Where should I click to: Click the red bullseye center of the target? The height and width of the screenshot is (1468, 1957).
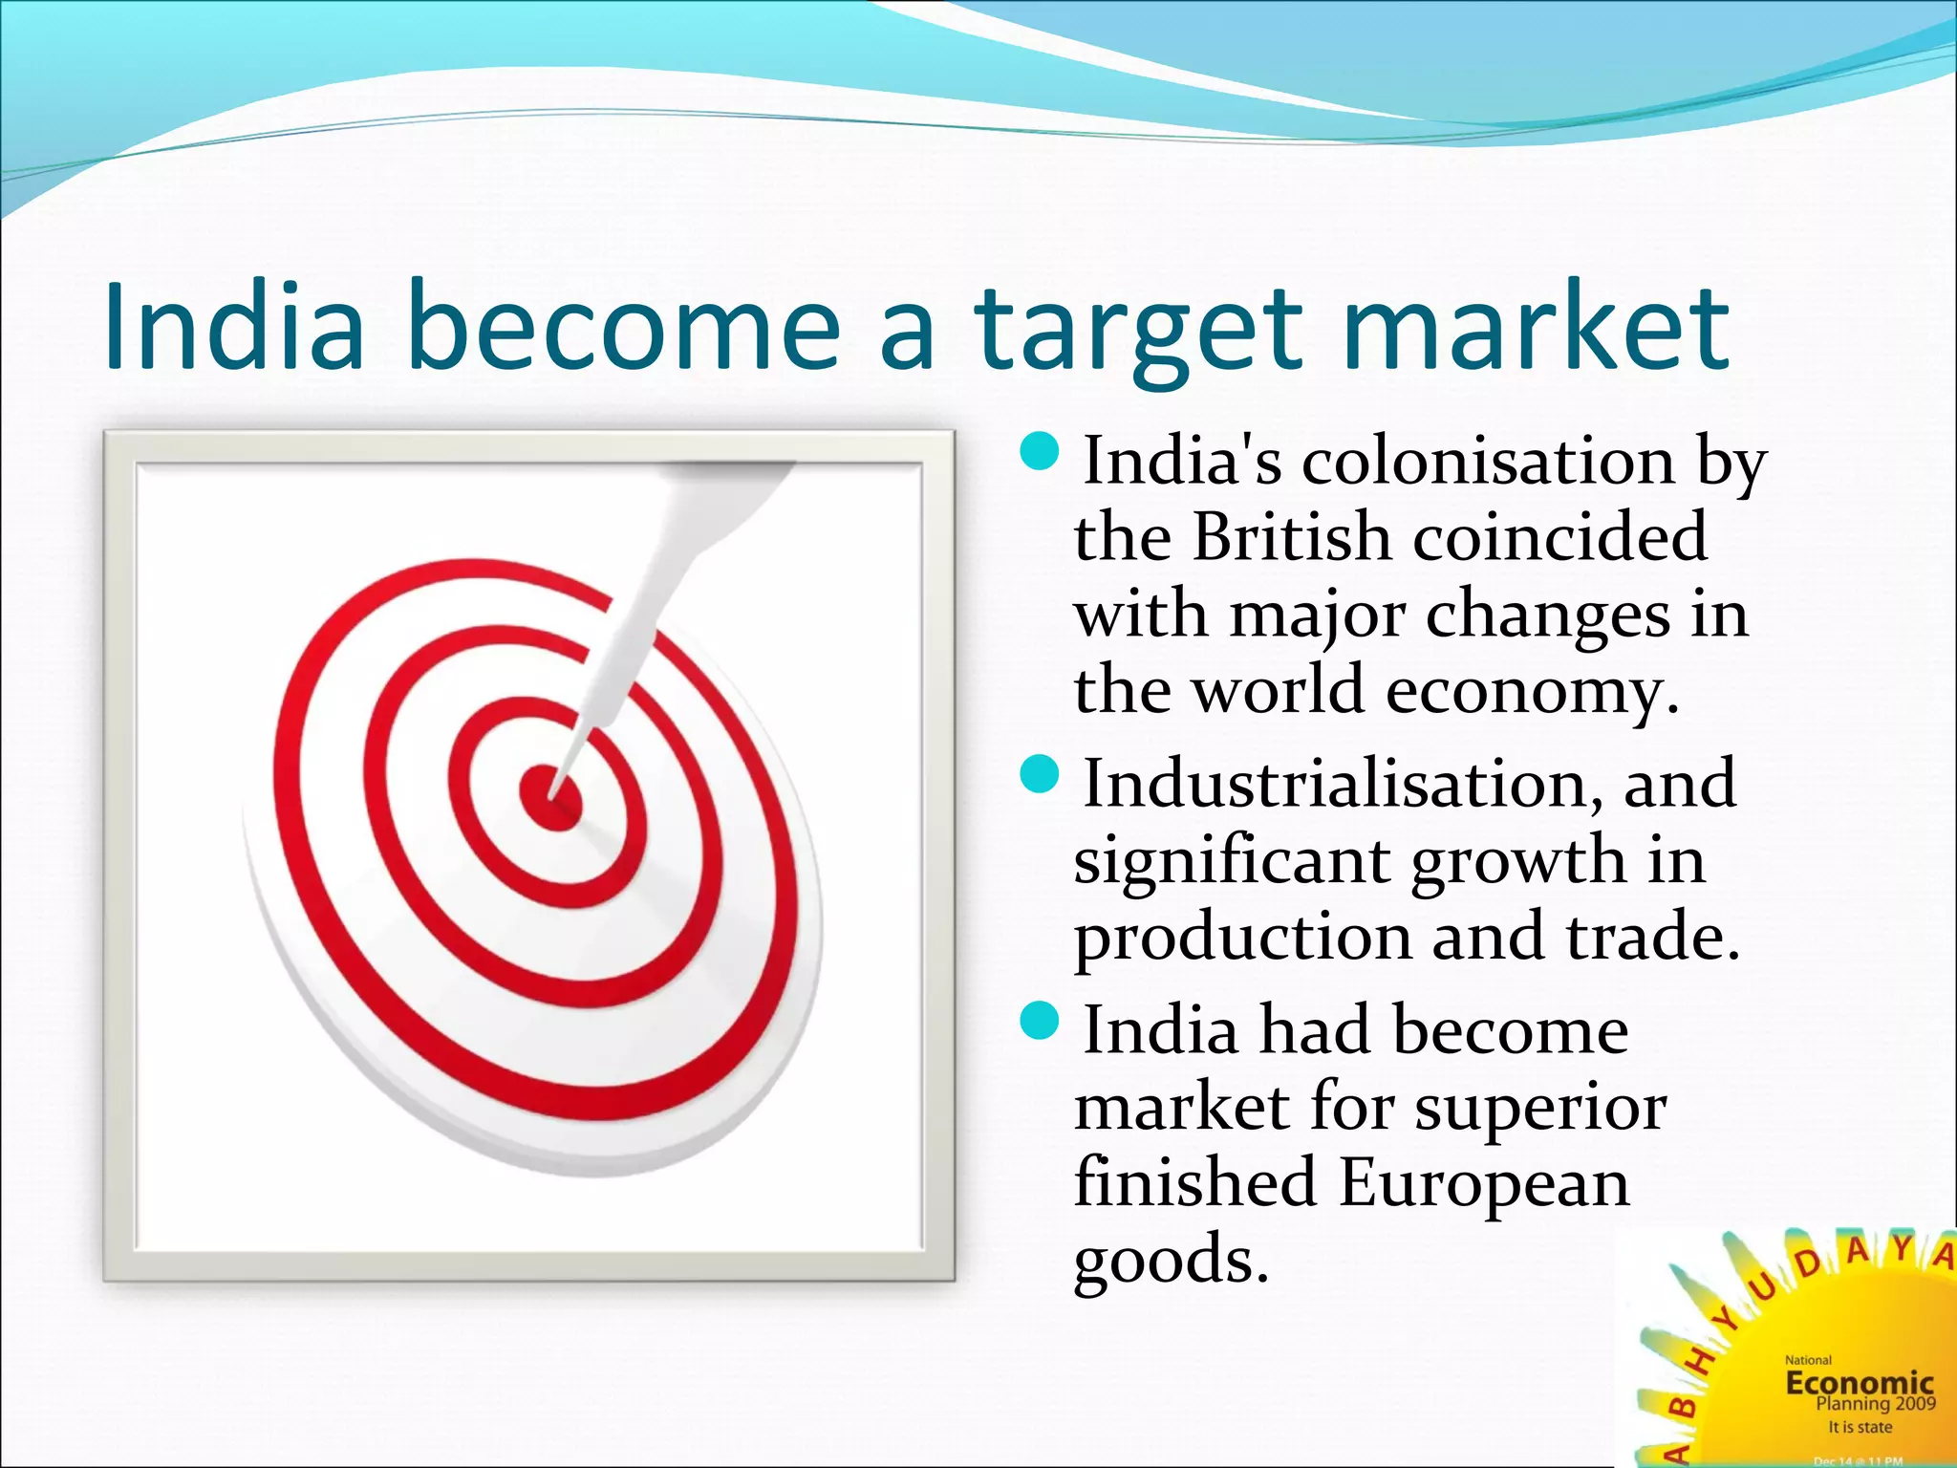click(x=550, y=795)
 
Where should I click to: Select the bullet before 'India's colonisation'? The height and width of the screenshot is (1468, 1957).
click(x=1040, y=452)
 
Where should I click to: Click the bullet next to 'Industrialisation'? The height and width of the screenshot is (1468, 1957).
click(x=1040, y=774)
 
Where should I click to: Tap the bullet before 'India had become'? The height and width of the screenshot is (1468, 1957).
click(x=1040, y=1021)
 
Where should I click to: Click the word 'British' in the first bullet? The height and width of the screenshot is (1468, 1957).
click(x=1291, y=537)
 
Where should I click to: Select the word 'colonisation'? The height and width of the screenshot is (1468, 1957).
click(x=1488, y=462)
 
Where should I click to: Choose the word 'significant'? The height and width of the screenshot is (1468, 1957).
click(x=1232, y=861)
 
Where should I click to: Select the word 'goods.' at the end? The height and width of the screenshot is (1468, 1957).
click(x=1172, y=1261)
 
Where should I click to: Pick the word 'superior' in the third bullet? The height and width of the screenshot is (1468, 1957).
click(x=1540, y=1108)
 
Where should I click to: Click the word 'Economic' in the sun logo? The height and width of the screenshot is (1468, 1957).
click(x=1859, y=1383)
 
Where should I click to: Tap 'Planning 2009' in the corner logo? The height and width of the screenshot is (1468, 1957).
click(x=1875, y=1404)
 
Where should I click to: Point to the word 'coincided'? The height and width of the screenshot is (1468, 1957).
click(x=1559, y=537)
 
